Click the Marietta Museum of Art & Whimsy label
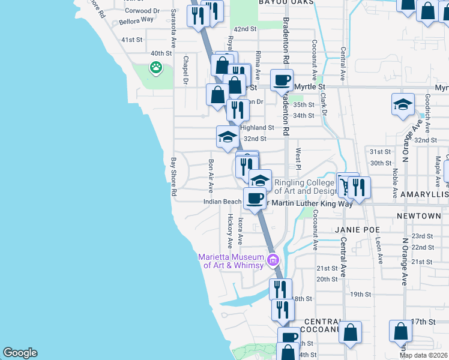pyautogui.click(x=231, y=262)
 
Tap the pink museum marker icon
pyautogui.click(x=274, y=260)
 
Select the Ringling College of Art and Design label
pyautogui.click(x=304, y=187)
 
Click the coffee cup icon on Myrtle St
pyautogui.click(x=282, y=79)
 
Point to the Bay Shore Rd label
pyautogui.click(x=173, y=178)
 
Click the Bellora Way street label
pyautogui.click(x=136, y=20)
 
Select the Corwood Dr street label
pyautogui.click(x=142, y=11)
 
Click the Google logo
pyautogui.click(x=20, y=353)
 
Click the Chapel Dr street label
pyautogui.click(x=186, y=70)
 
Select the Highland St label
pyautogui.click(x=257, y=128)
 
